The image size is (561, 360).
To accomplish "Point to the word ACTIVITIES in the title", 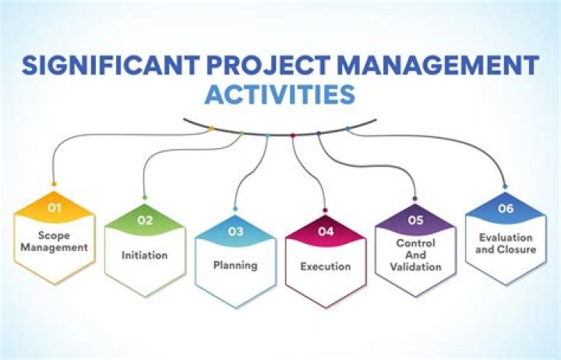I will click(x=280, y=95).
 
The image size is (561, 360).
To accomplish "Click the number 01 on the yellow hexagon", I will click(x=55, y=208).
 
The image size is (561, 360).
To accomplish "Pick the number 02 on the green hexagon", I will click(x=145, y=220).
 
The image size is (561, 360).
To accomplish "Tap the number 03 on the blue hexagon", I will click(x=236, y=231).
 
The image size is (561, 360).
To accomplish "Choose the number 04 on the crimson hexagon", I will click(x=326, y=231).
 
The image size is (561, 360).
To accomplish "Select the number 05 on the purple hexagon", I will click(x=415, y=220).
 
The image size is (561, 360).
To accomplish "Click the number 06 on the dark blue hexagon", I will click(x=506, y=208).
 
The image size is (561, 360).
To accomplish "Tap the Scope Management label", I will click(x=55, y=242).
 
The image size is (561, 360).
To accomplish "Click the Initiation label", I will click(x=145, y=254).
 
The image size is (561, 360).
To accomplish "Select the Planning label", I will click(x=235, y=265).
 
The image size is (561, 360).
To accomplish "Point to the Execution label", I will click(x=326, y=266).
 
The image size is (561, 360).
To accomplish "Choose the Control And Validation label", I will click(x=415, y=254).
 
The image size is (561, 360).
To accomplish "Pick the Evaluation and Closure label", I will click(x=506, y=243).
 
